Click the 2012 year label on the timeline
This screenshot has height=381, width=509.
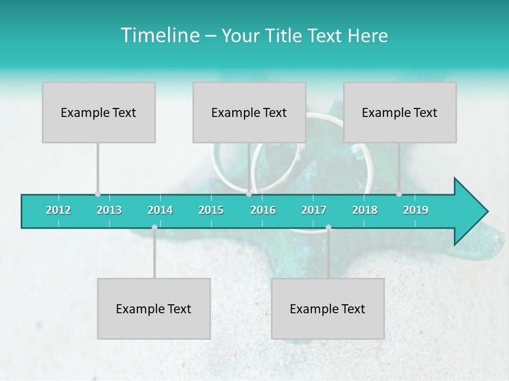[58, 210]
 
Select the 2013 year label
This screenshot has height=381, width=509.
[109, 210]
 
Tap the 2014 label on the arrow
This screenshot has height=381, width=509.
[160, 210]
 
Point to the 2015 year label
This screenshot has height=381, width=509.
[211, 210]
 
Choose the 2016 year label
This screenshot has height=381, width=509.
[263, 210]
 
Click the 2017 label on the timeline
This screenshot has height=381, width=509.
[314, 210]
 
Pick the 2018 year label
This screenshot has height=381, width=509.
[365, 210]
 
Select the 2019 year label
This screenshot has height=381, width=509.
[416, 210]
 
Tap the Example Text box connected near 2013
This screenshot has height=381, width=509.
[99, 112]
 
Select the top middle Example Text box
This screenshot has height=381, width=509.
[249, 112]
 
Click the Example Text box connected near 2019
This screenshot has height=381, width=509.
[400, 112]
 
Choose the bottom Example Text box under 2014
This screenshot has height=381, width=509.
[154, 309]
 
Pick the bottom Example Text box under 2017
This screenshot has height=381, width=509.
[328, 309]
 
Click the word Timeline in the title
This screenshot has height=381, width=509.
[159, 35]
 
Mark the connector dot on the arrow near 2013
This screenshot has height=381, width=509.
[98, 194]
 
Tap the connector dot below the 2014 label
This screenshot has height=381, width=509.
[154, 228]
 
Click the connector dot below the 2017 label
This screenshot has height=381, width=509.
[328, 228]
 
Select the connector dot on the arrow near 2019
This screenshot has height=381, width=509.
[399, 194]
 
